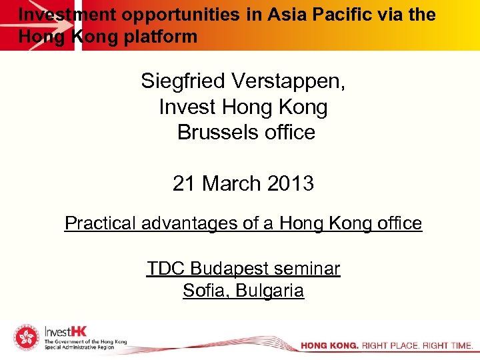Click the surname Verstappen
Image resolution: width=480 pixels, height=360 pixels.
pyautogui.click(x=288, y=81)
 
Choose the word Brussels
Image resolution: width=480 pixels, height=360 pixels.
pyautogui.click(x=211, y=132)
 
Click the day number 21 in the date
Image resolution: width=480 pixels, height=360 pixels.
pyautogui.click(x=184, y=183)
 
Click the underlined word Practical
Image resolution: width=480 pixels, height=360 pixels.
pyautogui.click(x=101, y=223)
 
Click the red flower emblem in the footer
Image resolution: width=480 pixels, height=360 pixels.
pyautogui.click(x=27, y=338)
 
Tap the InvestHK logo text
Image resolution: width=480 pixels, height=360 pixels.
pyautogui.click(x=65, y=331)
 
